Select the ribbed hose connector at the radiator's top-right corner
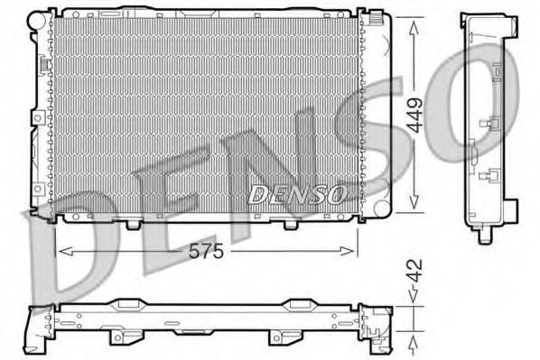(x=372, y=16)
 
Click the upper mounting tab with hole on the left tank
(x=35, y=117)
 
